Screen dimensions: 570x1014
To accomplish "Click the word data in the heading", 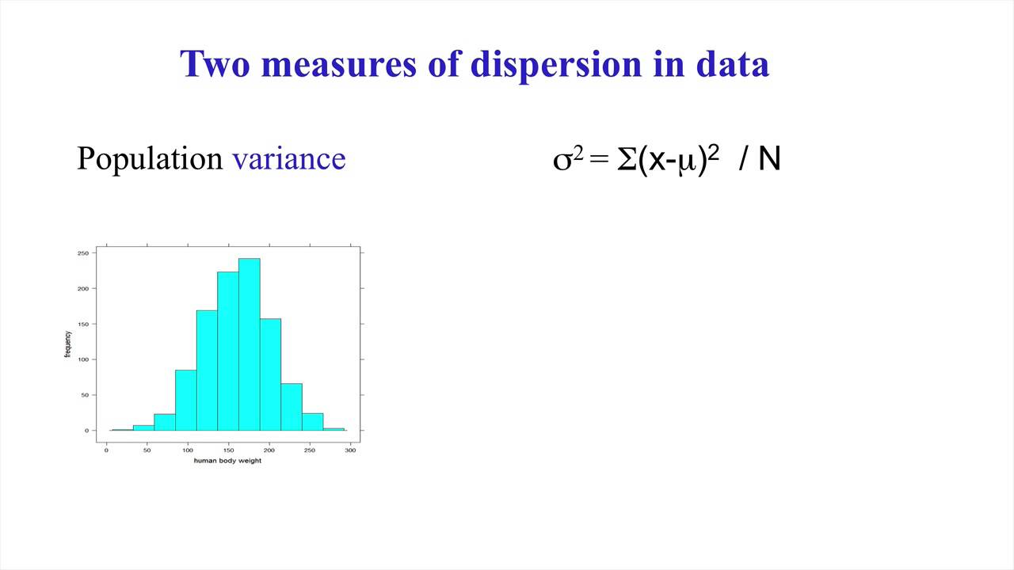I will (732, 64).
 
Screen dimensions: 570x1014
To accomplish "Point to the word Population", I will (150, 159).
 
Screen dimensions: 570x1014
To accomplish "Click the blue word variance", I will (288, 159).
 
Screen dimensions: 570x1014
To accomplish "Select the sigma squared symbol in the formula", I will (567, 159).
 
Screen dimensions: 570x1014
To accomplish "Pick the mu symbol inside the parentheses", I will (687, 161).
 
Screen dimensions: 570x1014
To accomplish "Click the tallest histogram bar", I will (249, 344).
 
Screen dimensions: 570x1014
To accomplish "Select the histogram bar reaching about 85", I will (185, 400).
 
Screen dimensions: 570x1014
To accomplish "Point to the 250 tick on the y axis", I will (82, 253).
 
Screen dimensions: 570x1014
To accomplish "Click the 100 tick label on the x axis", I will (188, 450).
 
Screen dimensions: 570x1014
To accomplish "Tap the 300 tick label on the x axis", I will (351, 450).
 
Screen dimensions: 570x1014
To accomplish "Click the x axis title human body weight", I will (227, 461).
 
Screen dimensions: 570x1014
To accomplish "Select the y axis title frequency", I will (67, 344).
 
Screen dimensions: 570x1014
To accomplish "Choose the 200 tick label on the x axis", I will (269, 450).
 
